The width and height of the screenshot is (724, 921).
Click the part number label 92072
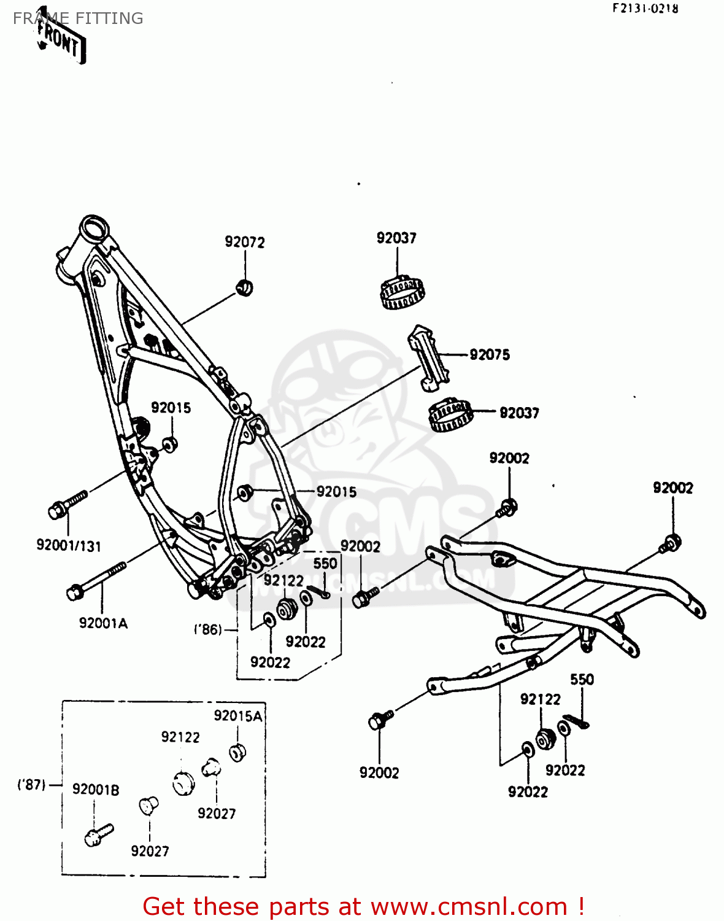pyautogui.click(x=245, y=242)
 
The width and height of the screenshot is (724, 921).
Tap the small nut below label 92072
pyautogui.click(x=245, y=287)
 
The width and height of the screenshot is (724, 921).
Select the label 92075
pyautogui.click(x=490, y=354)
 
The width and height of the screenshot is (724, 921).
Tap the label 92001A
pyautogui.click(x=103, y=623)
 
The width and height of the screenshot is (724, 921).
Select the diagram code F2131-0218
pyautogui.click(x=645, y=9)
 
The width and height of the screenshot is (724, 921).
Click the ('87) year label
pyautogui.click(x=31, y=785)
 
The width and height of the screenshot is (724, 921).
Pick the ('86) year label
pyautogui.click(x=207, y=629)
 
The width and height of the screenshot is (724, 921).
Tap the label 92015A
pyautogui.click(x=238, y=716)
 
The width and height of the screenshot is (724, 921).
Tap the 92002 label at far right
pyautogui.click(x=673, y=488)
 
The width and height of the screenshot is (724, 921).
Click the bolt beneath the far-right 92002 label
pyautogui.click(x=671, y=543)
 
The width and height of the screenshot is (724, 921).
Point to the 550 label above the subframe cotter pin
pyautogui.click(x=582, y=679)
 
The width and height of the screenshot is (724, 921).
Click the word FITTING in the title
pyautogui.click(x=110, y=18)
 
